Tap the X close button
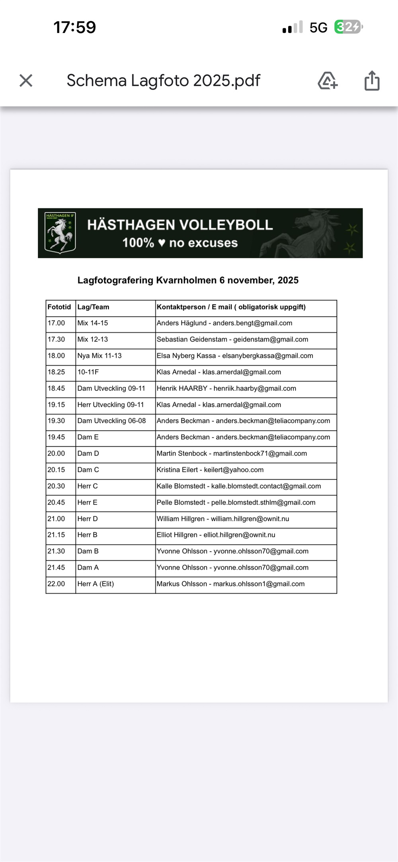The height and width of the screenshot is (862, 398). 26,81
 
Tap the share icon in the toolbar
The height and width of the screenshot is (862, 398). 372,81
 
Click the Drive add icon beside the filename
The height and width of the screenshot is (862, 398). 328,81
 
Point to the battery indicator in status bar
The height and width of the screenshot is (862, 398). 348,27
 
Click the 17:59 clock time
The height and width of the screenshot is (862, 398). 75,27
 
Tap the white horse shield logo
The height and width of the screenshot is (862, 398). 60,233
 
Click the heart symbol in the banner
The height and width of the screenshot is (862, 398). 162,243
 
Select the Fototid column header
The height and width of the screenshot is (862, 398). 59,307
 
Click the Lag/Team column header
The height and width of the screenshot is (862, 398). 93,307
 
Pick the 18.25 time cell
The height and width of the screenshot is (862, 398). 56,372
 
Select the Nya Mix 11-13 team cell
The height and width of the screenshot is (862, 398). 99,356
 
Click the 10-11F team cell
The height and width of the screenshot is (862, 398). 88,372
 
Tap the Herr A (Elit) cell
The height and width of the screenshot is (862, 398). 96,584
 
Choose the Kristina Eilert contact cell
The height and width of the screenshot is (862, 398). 210,470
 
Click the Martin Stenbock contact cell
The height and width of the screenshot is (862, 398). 232,453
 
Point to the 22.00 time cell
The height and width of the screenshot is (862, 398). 56,584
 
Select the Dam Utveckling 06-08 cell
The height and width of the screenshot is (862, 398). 111,421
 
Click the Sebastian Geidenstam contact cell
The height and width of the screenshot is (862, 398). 232,340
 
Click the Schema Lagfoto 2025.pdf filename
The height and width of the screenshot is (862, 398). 163,81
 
